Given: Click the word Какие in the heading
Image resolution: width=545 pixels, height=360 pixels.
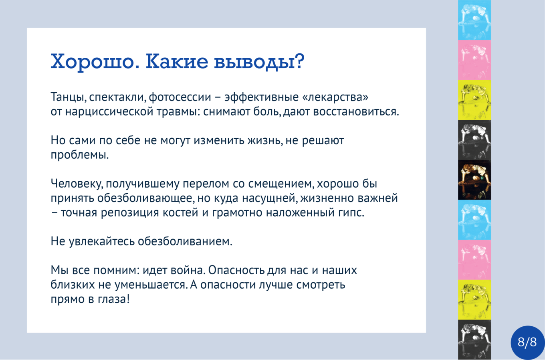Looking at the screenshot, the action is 177,61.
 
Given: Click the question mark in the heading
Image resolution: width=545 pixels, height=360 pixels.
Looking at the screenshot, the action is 298,61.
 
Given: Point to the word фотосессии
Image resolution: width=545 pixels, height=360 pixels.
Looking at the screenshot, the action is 180,97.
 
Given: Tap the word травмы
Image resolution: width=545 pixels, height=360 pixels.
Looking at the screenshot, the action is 178,112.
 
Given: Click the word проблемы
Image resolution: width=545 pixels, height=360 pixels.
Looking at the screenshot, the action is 80,155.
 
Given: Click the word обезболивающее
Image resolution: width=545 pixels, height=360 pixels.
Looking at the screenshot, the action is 146,198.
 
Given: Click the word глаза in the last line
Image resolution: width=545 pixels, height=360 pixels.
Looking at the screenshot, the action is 112,299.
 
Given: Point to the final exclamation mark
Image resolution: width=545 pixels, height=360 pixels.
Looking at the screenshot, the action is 128,299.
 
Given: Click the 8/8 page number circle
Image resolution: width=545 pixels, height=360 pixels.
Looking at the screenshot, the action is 527,342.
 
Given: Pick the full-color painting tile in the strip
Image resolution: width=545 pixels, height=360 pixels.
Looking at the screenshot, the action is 474,180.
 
